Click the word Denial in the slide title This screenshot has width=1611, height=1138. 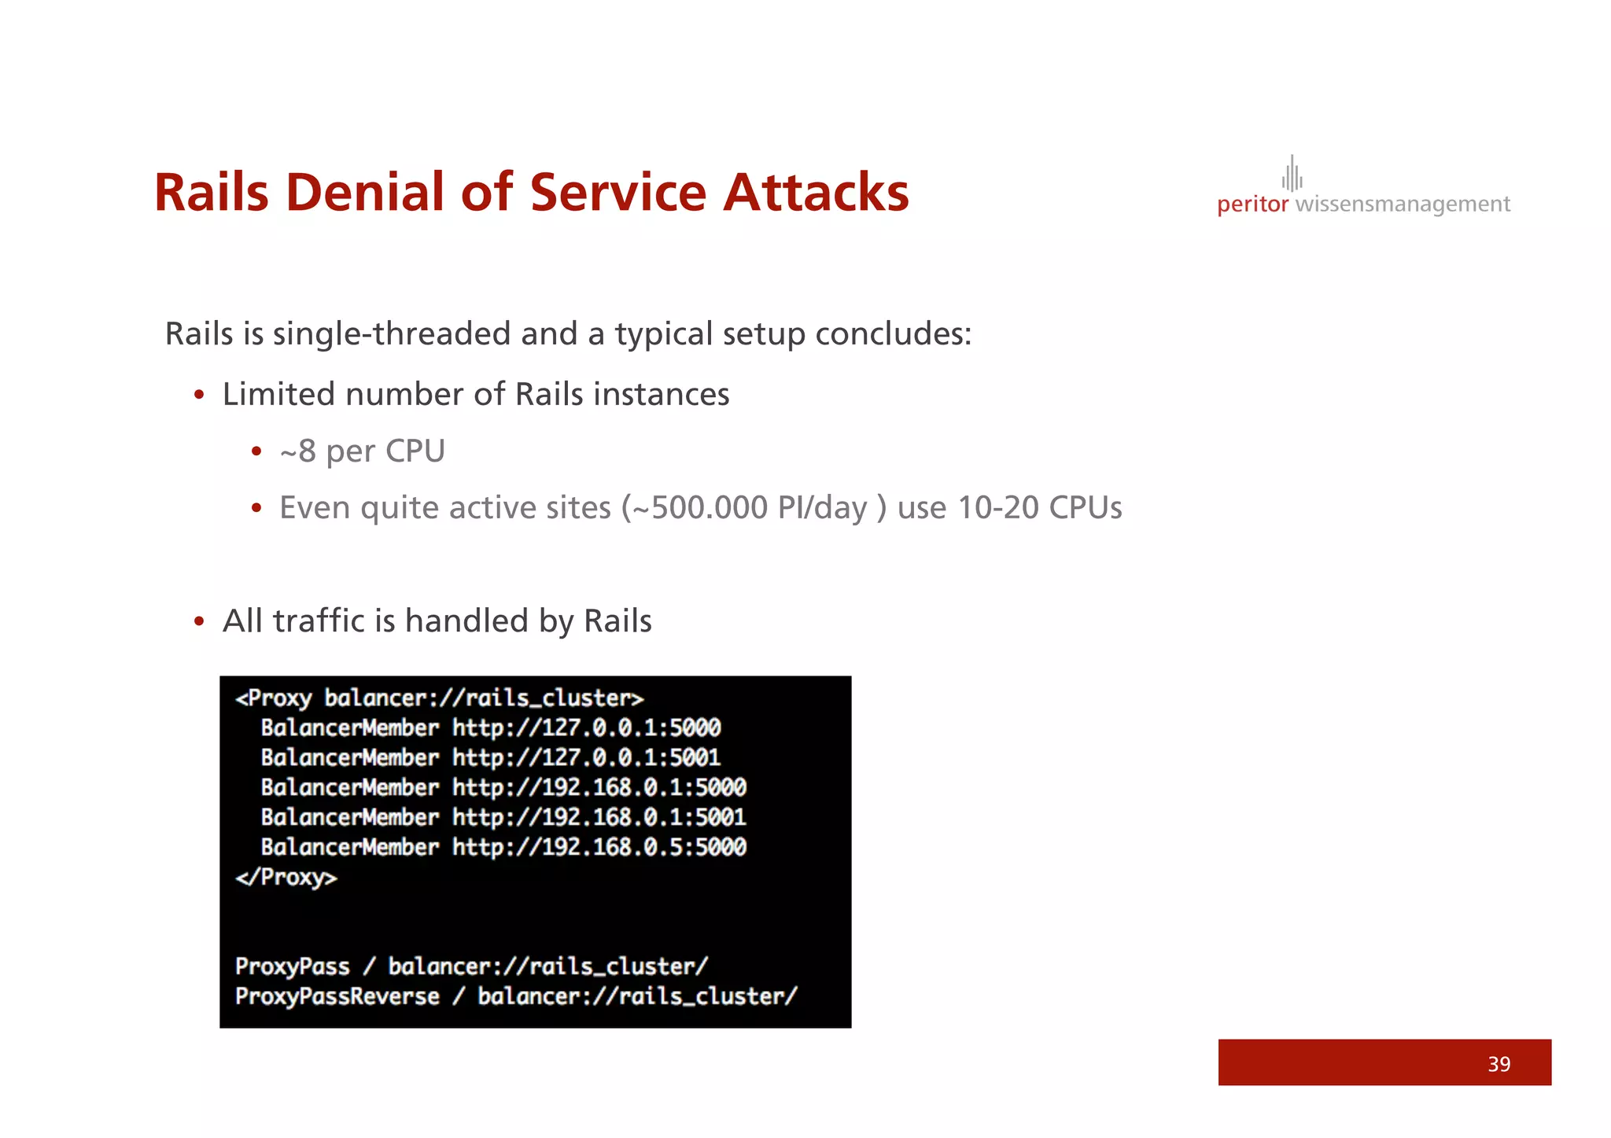point(368,193)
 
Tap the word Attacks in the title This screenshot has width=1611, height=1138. point(816,193)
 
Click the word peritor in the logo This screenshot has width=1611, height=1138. point(1252,204)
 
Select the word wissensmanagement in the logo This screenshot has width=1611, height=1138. point(1403,204)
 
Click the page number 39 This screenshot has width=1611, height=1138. point(1499,1064)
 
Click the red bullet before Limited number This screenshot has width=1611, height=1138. point(200,395)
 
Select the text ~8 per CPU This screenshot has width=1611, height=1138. point(363,451)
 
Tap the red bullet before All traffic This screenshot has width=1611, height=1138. point(200,621)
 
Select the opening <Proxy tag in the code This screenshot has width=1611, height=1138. point(274,698)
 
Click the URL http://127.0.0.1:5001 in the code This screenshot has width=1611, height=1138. point(586,757)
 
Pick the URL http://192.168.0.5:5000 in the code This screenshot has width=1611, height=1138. point(599,847)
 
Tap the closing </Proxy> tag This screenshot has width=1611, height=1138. point(286,877)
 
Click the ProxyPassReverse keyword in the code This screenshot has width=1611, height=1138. point(337,996)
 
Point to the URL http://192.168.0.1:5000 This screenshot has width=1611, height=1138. point(599,787)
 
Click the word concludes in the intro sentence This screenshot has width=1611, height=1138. point(892,334)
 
